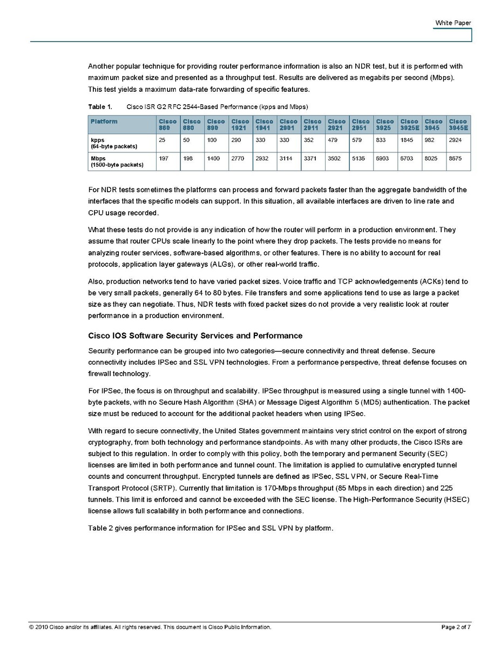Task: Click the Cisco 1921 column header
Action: pos(240,125)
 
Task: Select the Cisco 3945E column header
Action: pos(458,125)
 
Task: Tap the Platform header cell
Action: pos(104,122)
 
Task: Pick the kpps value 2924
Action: pos(456,140)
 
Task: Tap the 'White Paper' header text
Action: pos(453,23)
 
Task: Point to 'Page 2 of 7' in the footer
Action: pos(456,627)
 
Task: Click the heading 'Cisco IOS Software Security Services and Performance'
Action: pos(195,336)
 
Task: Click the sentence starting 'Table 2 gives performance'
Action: pos(211,528)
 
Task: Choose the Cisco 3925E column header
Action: pos(410,125)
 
